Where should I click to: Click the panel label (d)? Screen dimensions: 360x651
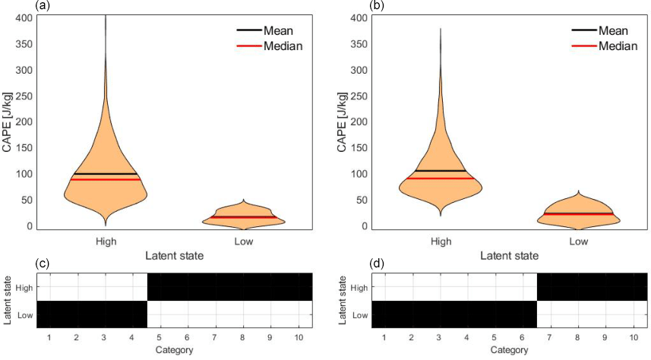pyautogui.click(x=378, y=264)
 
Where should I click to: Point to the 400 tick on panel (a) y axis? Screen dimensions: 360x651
pyautogui.click(x=24, y=17)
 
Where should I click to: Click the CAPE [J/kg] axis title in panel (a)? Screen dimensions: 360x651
pyautogui.click(x=8, y=122)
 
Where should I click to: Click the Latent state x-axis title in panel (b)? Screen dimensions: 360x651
pyautogui.click(x=508, y=255)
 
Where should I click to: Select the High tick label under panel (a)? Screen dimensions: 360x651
pyautogui.click(x=106, y=242)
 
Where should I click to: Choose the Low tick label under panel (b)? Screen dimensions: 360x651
pyautogui.click(x=579, y=242)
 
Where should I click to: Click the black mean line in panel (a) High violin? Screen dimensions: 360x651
pyautogui.click(x=106, y=174)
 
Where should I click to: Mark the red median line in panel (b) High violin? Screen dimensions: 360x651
pyautogui.click(x=441, y=178)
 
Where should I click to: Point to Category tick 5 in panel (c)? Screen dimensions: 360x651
pyautogui.click(x=160, y=336)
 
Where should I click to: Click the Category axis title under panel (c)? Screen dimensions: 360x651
pyautogui.click(x=174, y=349)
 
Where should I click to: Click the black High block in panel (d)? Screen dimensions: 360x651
pyautogui.click(x=593, y=286)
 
